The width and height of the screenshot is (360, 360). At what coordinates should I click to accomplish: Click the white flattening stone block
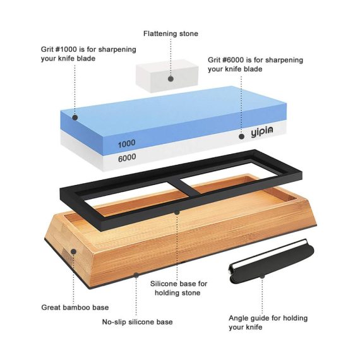(x=167, y=76)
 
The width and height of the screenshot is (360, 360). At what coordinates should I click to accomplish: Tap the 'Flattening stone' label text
(x=171, y=33)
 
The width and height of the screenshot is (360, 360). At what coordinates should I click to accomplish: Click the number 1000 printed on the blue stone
(x=126, y=143)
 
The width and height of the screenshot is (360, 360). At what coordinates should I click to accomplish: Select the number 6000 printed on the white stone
(x=127, y=158)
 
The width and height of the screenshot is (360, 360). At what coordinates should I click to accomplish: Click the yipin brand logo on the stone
(x=261, y=132)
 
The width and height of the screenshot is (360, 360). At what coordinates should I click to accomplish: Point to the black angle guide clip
(x=272, y=261)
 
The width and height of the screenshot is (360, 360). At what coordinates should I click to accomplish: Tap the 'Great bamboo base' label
(x=75, y=308)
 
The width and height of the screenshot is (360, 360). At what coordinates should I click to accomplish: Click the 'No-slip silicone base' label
(x=137, y=322)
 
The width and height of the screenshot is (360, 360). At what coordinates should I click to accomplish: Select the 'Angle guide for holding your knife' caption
(x=268, y=323)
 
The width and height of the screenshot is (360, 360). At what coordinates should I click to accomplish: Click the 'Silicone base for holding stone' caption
(x=179, y=288)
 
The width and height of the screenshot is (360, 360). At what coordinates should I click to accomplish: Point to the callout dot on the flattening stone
(x=171, y=79)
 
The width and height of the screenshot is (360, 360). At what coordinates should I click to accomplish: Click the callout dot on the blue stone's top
(x=75, y=117)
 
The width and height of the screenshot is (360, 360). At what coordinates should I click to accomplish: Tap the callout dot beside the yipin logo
(x=241, y=136)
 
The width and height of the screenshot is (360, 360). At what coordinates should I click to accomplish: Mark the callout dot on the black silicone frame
(x=177, y=212)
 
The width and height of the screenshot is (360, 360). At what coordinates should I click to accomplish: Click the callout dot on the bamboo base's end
(x=73, y=251)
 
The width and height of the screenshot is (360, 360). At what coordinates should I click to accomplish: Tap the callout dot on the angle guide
(x=262, y=276)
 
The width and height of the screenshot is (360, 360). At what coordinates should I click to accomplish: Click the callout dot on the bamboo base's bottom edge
(x=136, y=275)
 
